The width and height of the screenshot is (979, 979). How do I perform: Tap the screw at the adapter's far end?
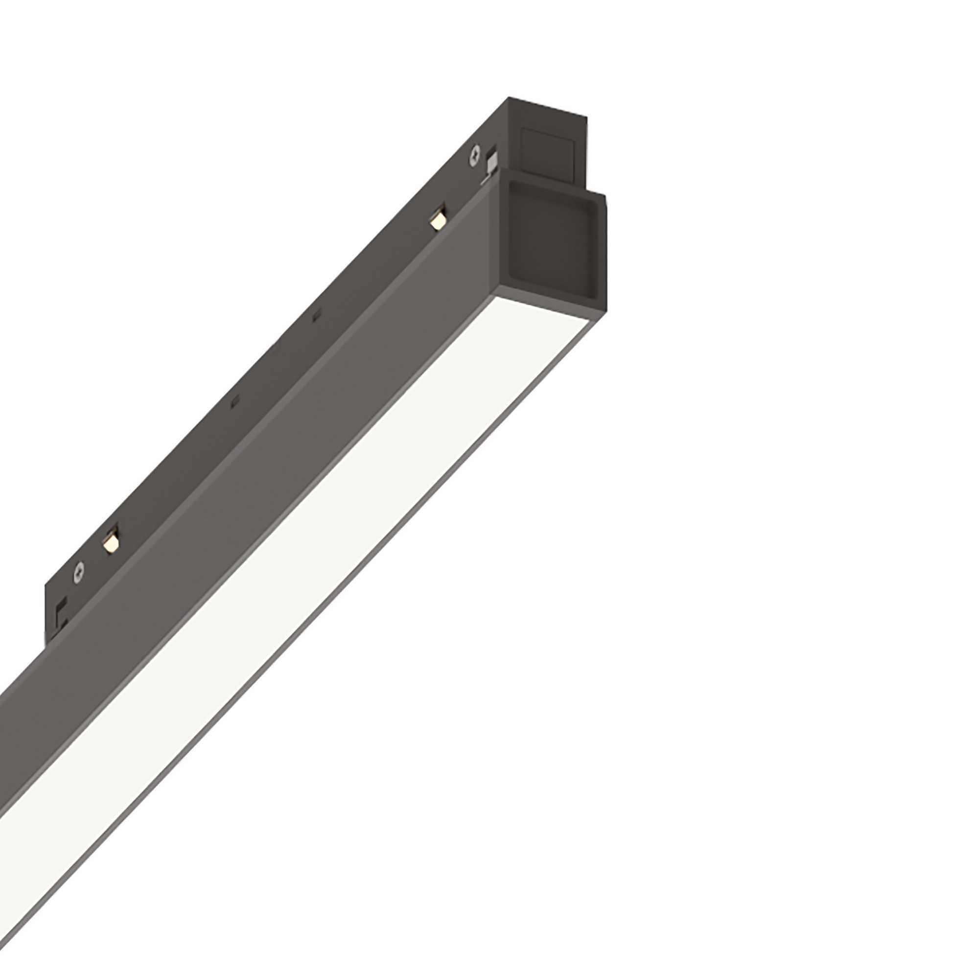click(x=79, y=571)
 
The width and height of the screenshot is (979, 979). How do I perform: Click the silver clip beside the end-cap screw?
click(x=490, y=164)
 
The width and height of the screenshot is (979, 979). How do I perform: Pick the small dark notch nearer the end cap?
click(x=317, y=317)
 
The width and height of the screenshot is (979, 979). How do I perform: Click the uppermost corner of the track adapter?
click(x=510, y=98)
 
